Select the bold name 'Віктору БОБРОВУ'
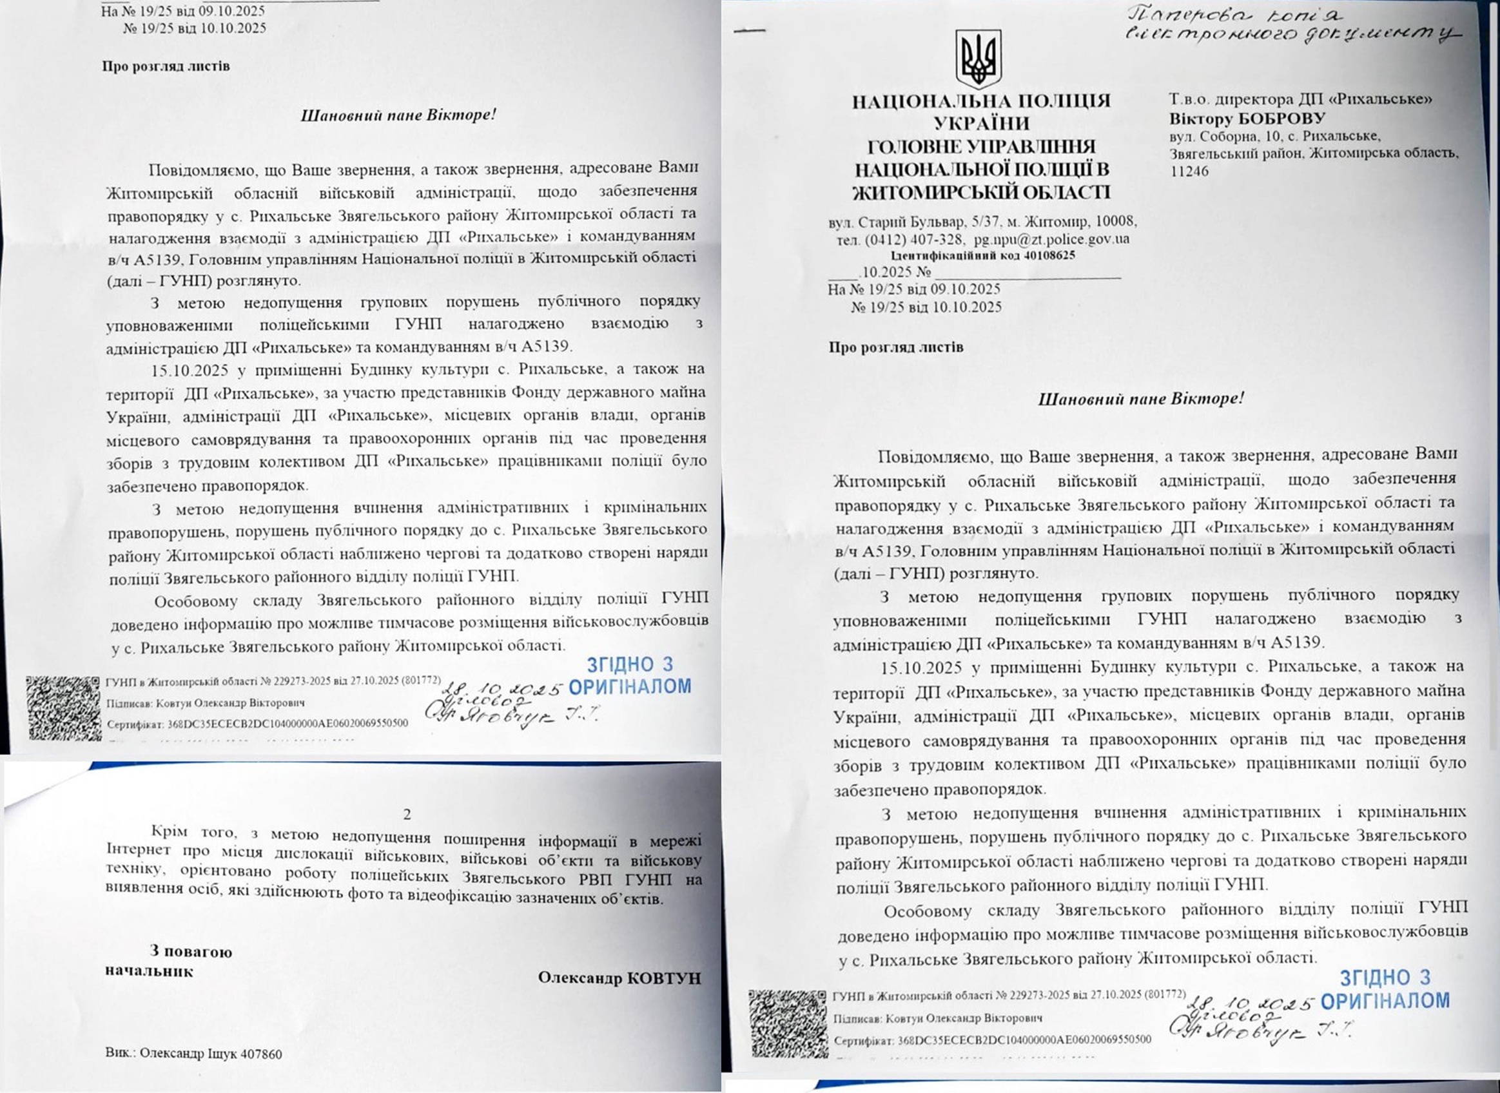1247,119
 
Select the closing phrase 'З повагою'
191,952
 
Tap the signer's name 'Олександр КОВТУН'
619,978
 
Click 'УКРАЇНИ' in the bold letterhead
981,123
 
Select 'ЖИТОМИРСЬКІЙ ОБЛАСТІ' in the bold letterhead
981,193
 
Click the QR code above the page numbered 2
64,708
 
